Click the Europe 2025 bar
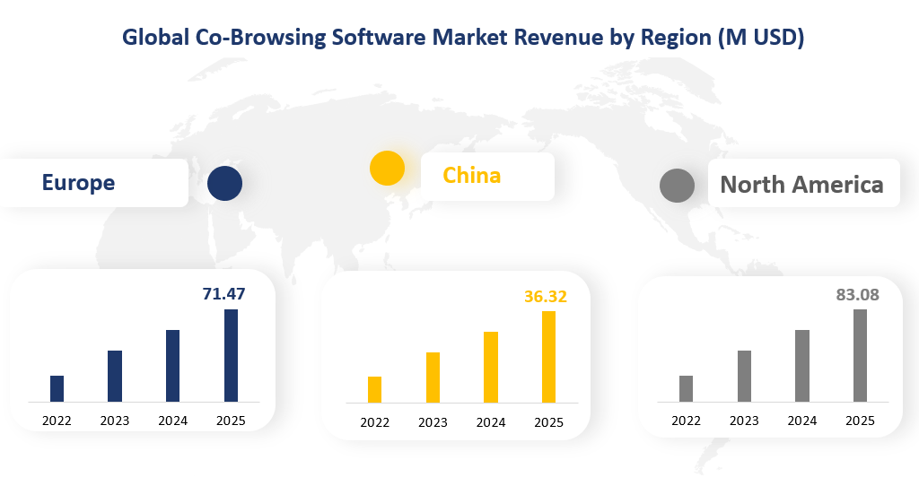tap(231, 355)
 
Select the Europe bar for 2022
tap(57, 388)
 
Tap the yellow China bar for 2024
tap(491, 367)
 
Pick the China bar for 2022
tap(374, 389)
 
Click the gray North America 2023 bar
tap(744, 376)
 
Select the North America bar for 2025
tap(860, 355)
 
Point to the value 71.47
tap(223, 293)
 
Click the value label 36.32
tap(546, 296)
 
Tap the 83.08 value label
tap(857, 294)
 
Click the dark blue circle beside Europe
tap(224, 183)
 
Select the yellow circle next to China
tap(388, 169)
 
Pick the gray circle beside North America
tap(677, 186)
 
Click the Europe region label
tap(78, 183)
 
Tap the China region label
tap(472, 175)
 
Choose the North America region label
tap(801, 185)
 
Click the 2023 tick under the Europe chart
tap(115, 421)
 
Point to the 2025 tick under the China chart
tap(548, 422)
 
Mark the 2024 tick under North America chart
tap(801, 421)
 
